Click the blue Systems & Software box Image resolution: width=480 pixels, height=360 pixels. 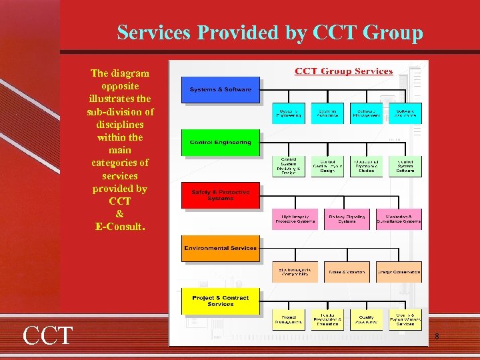click(x=221, y=90)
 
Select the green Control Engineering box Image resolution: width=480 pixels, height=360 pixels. click(x=221, y=142)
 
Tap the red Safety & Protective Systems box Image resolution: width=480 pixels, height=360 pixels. click(x=221, y=195)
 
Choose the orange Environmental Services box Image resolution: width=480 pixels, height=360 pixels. click(x=221, y=248)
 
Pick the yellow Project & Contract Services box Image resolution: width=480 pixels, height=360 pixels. click(x=221, y=301)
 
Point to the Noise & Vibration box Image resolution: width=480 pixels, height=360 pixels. click(x=347, y=272)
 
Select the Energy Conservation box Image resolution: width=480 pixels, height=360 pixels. click(x=399, y=272)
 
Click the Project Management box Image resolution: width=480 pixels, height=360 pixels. click(x=289, y=320)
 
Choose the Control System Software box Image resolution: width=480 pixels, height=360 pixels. click(x=405, y=167)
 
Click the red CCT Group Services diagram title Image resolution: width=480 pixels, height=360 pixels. click(x=343, y=71)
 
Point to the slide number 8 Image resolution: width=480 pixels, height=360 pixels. click(x=437, y=337)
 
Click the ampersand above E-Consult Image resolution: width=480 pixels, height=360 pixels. click(x=120, y=214)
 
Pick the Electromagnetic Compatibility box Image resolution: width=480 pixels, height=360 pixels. click(x=295, y=272)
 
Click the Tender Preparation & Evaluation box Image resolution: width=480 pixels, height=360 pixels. click(x=327, y=320)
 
